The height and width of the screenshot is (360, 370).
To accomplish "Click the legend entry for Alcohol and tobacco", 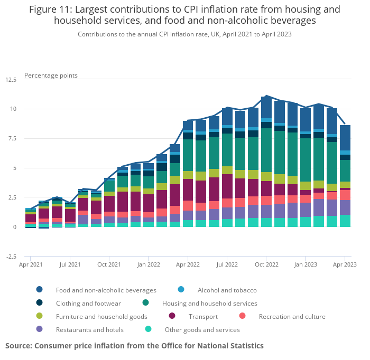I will click(x=227, y=290).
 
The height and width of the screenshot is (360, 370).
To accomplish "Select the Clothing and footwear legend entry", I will click(x=88, y=303).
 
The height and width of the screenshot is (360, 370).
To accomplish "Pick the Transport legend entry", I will click(x=202, y=316).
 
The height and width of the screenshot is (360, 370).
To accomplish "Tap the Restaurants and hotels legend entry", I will click(x=89, y=329).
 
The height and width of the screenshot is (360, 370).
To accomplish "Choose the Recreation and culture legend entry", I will click(x=292, y=316).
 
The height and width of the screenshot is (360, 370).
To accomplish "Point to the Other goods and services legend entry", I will click(x=202, y=329).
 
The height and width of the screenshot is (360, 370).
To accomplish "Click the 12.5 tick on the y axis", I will click(x=11, y=80).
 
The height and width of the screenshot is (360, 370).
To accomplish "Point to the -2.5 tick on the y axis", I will click(x=11, y=257).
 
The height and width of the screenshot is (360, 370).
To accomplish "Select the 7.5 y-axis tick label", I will click(x=13, y=139).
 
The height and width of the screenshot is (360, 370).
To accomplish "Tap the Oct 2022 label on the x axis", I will click(x=266, y=264).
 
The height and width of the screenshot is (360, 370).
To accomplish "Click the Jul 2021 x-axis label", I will click(x=70, y=264).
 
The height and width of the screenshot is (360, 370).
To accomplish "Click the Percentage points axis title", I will click(x=51, y=75).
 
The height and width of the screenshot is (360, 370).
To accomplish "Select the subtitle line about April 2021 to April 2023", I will click(x=184, y=34).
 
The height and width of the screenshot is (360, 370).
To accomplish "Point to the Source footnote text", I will click(x=134, y=346).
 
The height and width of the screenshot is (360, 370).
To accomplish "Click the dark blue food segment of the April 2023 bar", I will click(x=345, y=137).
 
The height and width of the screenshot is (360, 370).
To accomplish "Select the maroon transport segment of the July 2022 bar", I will click(x=227, y=186).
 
